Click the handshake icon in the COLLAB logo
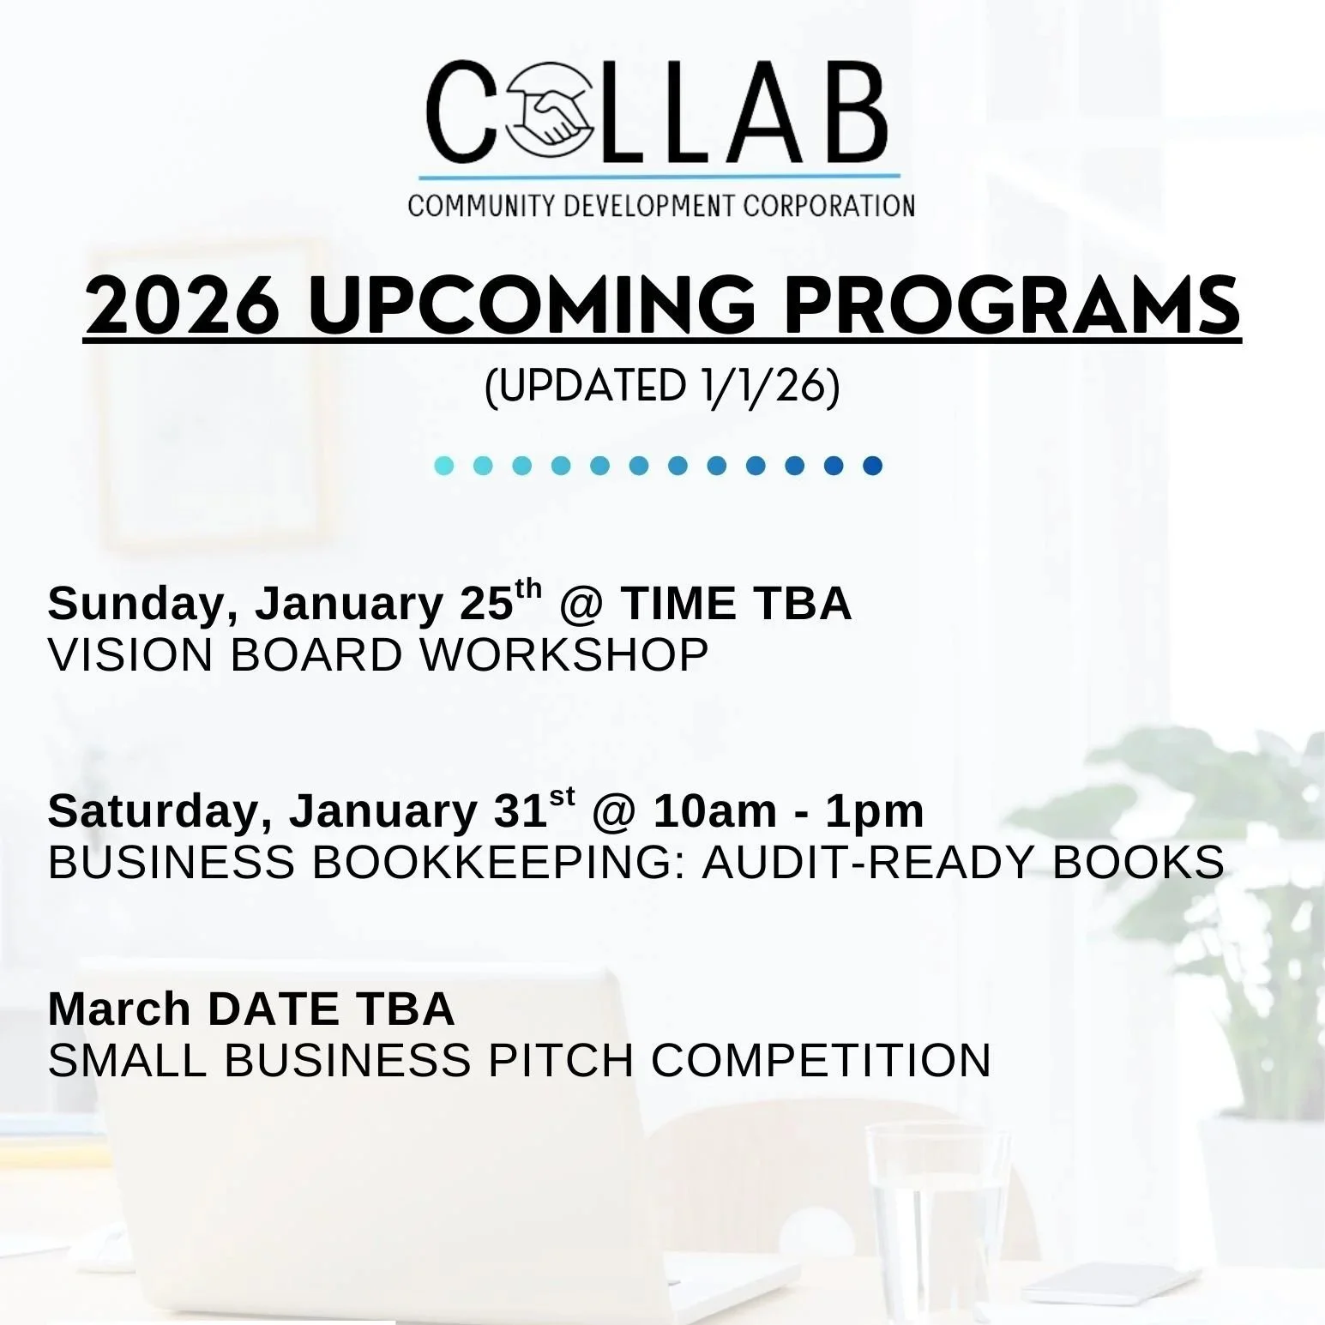tap(550, 112)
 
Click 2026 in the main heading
tap(183, 306)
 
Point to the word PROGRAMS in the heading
tap(1012, 306)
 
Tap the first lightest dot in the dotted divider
tap(444, 466)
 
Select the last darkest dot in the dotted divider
tap(872, 466)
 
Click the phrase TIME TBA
tap(736, 604)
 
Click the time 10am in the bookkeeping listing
tap(714, 811)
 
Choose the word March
tap(119, 1009)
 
